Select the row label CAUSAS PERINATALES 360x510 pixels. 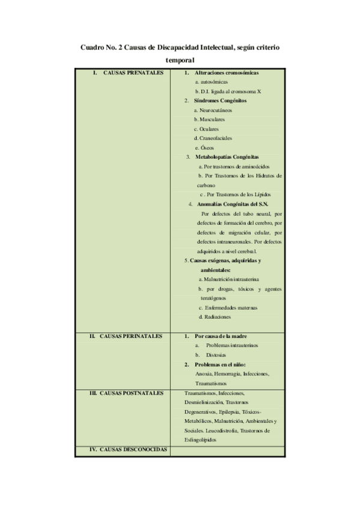[126, 336]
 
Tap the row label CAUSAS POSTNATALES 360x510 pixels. [126, 393]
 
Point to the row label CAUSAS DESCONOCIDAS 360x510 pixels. [127, 449]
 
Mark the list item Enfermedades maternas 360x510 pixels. [231, 307]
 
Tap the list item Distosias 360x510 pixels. [216, 355]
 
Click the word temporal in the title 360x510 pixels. [180, 60]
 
